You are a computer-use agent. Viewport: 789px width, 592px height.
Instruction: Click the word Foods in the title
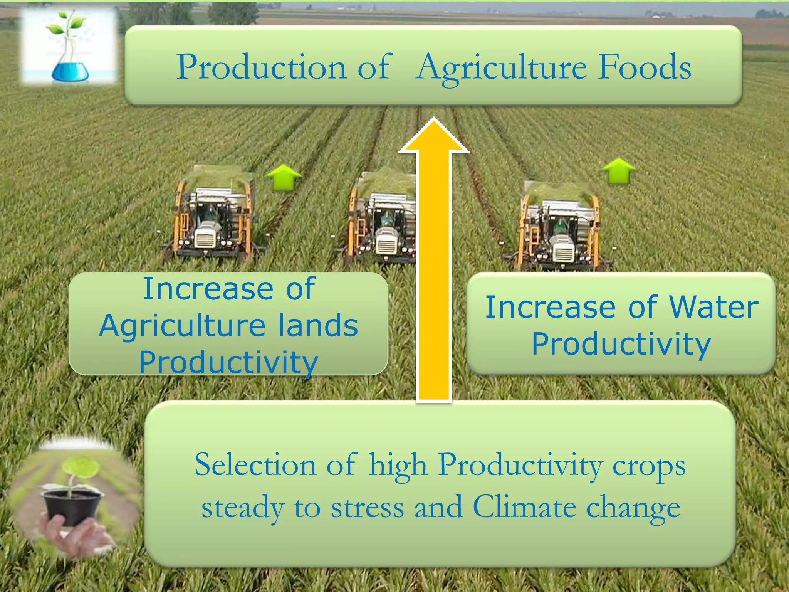644,67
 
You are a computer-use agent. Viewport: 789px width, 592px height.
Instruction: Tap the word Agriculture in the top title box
501,69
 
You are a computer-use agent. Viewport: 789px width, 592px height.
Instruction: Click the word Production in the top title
262,67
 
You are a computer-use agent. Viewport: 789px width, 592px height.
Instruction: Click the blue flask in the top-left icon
70,71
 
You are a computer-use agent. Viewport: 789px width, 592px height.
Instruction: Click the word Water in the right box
713,308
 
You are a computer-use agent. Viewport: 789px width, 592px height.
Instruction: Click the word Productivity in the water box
621,344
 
